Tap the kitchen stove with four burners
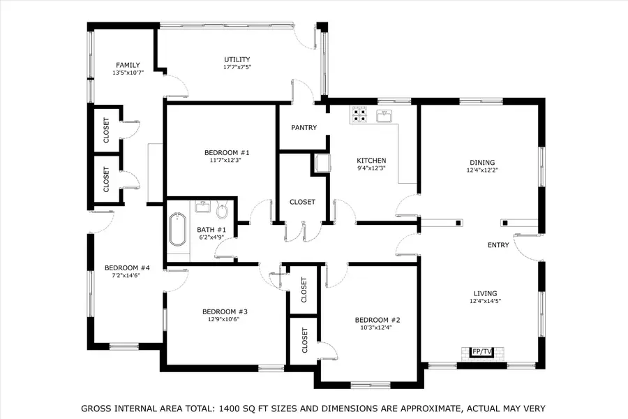coord(360,115)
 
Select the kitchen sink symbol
coord(384,115)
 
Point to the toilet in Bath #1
coord(223,210)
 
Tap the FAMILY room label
coord(128,65)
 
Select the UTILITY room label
coord(237,59)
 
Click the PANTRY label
coord(304,128)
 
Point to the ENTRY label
coord(498,245)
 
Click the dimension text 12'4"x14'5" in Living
coord(486,302)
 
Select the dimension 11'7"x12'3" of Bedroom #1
coord(222,161)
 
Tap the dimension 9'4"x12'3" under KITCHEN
coord(371,169)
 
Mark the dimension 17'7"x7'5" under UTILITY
coord(237,68)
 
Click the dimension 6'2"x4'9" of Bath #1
coord(211,237)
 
